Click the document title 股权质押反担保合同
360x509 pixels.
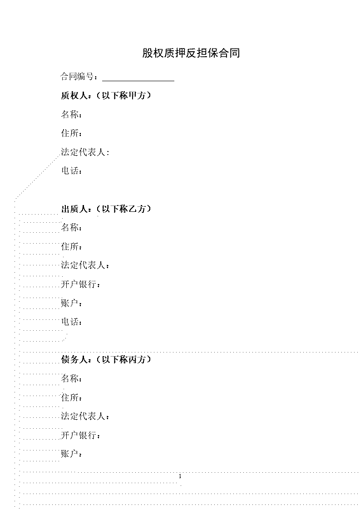(x=191, y=53)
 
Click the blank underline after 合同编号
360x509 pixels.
(x=138, y=80)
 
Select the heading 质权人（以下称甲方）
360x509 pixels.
(x=106, y=95)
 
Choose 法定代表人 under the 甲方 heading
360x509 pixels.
(x=84, y=152)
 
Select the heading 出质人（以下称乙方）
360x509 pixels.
(x=106, y=209)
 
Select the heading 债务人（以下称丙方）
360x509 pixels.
(x=106, y=359)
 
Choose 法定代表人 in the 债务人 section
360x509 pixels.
(x=84, y=416)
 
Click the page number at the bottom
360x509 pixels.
(x=180, y=476)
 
